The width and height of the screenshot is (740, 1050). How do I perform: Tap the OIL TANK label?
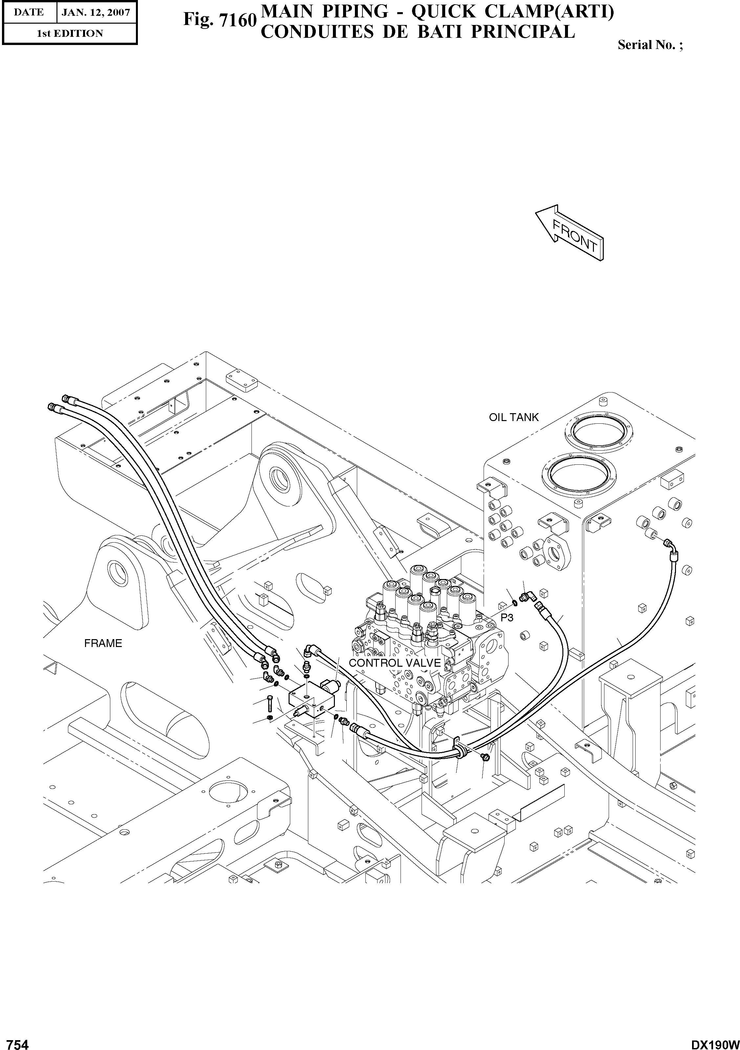coord(514,417)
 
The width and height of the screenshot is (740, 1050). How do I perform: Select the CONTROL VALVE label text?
coord(394,663)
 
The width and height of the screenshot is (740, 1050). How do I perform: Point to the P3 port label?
coord(507,618)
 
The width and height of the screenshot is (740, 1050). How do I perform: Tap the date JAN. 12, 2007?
coord(96,12)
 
